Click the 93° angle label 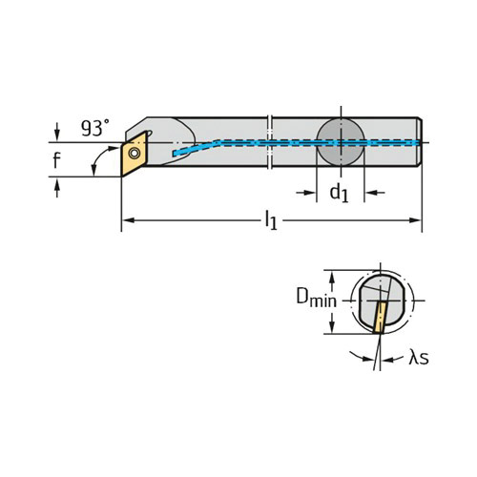coord(95,128)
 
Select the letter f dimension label coord(56,160)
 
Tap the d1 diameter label coord(339,193)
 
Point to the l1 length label coord(271,220)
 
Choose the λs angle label coord(419,357)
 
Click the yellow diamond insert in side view coord(134,154)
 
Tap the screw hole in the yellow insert coord(135,154)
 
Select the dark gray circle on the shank coord(341,142)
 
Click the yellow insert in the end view coord(380,317)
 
